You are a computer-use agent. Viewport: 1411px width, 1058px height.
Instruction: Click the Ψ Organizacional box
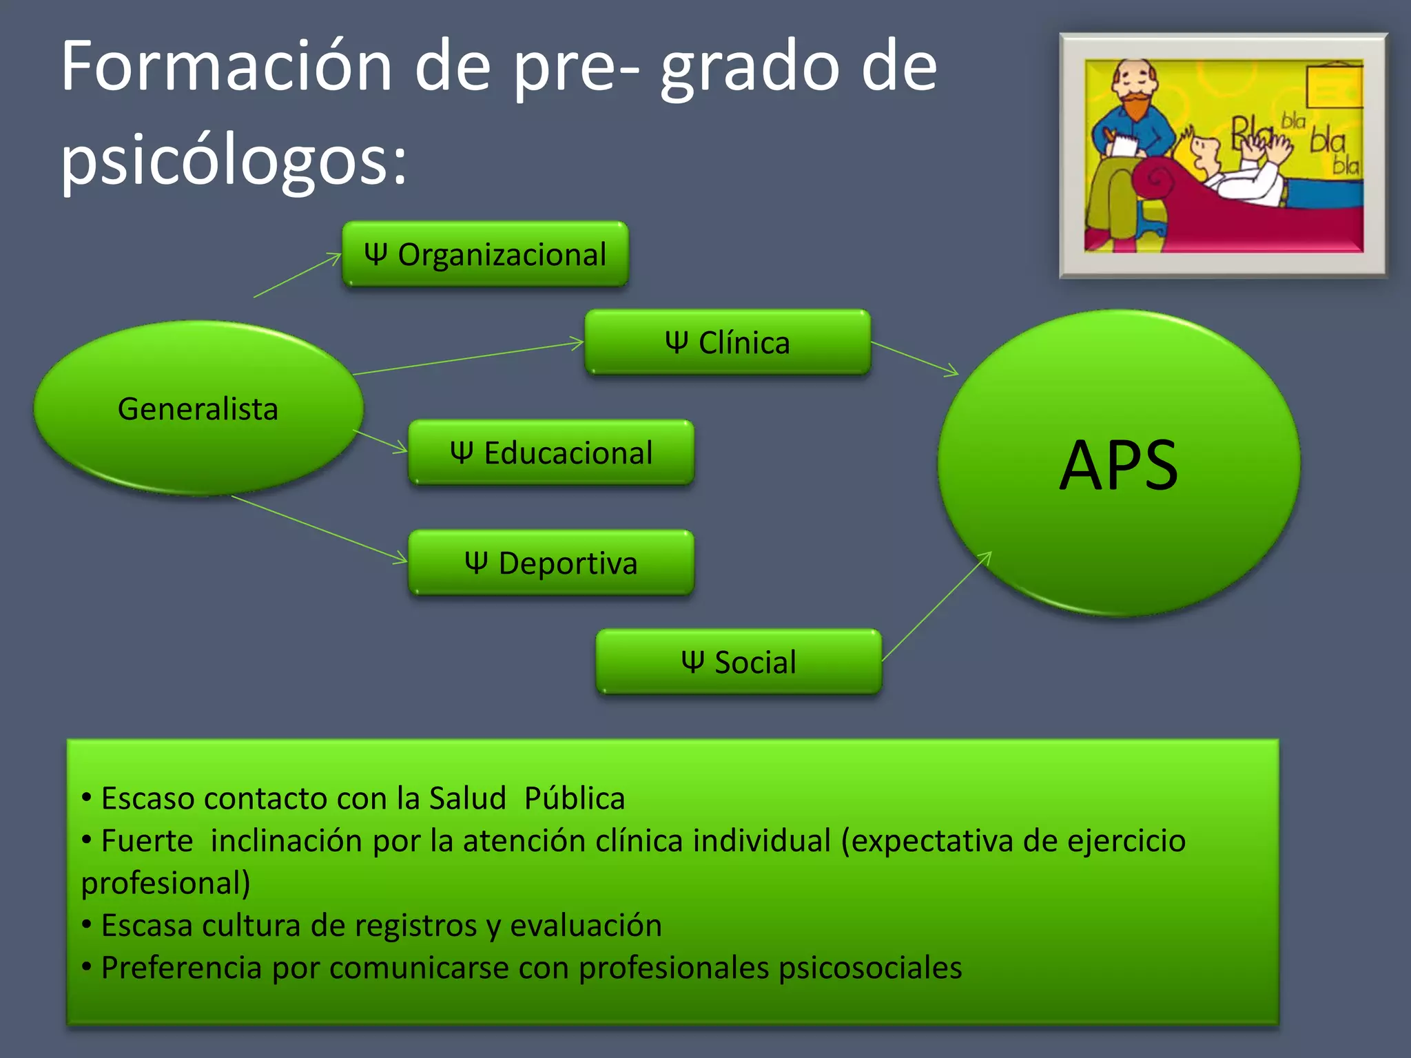pyautogui.click(x=485, y=254)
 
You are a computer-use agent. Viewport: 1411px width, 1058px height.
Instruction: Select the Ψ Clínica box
pyautogui.click(x=728, y=342)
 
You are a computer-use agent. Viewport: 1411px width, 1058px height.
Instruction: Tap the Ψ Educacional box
pyautogui.click(x=551, y=453)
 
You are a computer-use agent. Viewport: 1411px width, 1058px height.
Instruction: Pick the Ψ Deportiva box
pyautogui.click(x=551, y=563)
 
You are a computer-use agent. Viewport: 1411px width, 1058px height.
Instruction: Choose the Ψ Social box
pyautogui.click(x=739, y=662)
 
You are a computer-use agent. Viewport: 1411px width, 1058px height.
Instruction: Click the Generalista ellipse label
pyautogui.click(x=198, y=409)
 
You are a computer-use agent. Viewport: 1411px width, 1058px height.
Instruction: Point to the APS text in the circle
pyautogui.click(x=1118, y=466)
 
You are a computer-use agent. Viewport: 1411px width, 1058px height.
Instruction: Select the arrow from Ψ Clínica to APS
pyautogui.click(x=915, y=359)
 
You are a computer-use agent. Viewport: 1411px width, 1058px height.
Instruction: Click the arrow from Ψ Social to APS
pyautogui.click(x=937, y=605)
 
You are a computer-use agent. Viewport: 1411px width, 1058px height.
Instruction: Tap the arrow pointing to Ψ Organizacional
pyautogui.click(x=298, y=276)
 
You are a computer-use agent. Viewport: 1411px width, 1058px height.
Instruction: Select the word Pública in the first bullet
pyautogui.click(x=574, y=798)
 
